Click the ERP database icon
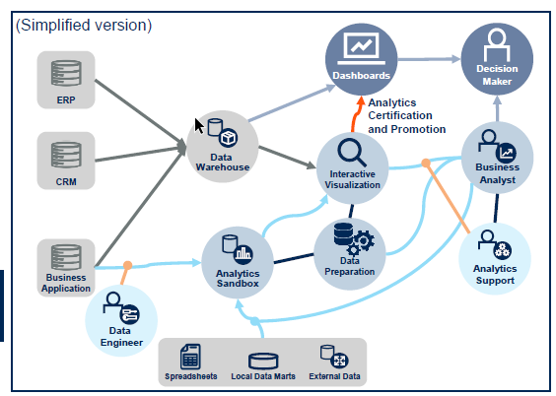(66, 73)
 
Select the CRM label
(66, 181)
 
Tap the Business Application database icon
(66, 257)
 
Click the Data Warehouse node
(223, 147)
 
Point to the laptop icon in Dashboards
(362, 49)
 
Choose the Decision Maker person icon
(497, 45)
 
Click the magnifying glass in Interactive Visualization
(352, 153)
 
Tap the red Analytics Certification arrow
(356, 114)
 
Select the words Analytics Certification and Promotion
(407, 116)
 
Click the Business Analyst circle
(498, 158)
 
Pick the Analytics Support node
(495, 258)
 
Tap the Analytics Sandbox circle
(238, 262)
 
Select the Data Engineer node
(121, 321)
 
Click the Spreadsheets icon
(190, 357)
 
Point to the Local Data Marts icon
(263, 362)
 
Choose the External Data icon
(334, 357)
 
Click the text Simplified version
(84, 26)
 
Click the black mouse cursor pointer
(198, 126)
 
